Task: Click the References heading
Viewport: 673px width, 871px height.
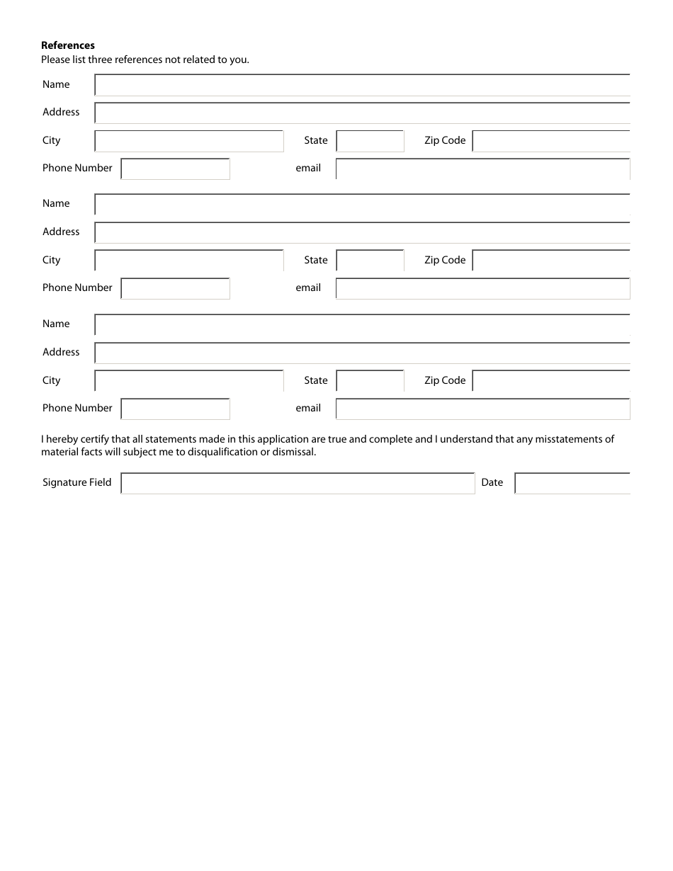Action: point(67,45)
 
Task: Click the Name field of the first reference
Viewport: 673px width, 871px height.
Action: point(362,85)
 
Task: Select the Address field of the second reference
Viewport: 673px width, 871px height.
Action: point(362,233)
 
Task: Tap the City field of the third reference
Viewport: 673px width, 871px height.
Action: point(189,381)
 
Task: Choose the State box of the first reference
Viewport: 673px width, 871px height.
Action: point(370,142)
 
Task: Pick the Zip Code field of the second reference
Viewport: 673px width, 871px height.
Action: point(550,261)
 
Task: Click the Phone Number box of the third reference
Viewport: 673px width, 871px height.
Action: point(175,409)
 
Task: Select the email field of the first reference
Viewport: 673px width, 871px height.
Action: point(482,169)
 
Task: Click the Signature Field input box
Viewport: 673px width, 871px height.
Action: point(298,484)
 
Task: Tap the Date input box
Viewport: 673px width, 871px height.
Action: point(572,484)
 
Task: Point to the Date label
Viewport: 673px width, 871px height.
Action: point(492,482)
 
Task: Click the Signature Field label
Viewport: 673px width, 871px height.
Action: point(77,482)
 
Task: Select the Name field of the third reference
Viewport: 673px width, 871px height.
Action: point(362,325)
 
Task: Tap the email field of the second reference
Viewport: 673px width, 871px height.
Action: point(482,289)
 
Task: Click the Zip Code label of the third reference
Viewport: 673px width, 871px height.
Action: point(445,380)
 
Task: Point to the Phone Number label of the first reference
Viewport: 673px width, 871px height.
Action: point(77,168)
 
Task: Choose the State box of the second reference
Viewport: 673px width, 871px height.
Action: point(370,261)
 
